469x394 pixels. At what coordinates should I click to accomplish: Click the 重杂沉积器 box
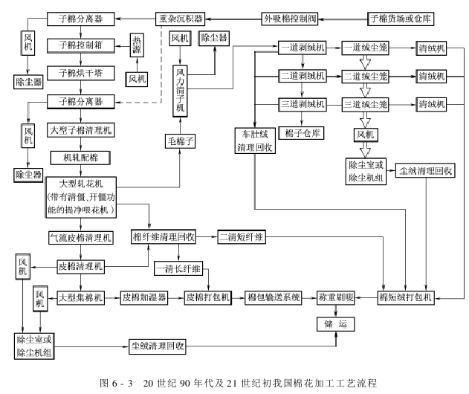(x=181, y=17)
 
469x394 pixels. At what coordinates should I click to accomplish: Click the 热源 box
(x=137, y=45)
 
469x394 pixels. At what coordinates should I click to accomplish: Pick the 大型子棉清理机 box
(x=80, y=130)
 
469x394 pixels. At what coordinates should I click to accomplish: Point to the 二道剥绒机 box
(x=303, y=76)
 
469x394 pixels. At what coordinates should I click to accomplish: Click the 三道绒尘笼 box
(x=365, y=104)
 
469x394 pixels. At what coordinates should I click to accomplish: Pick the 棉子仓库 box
(x=302, y=134)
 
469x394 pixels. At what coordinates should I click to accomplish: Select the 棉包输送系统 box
(x=273, y=296)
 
